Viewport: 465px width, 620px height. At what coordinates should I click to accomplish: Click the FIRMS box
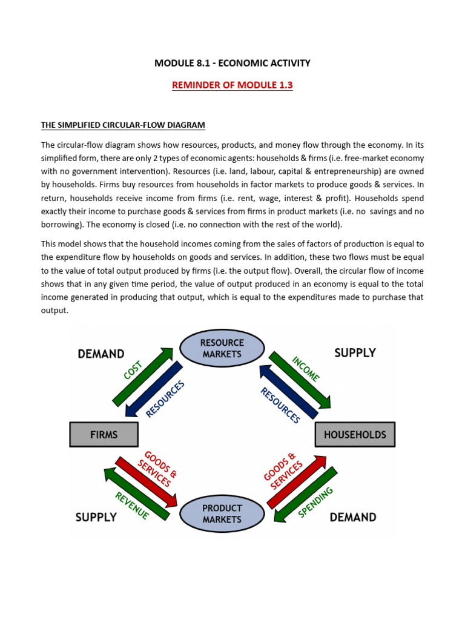(104, 434)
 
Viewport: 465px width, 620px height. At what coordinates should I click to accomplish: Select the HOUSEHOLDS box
(355, 434)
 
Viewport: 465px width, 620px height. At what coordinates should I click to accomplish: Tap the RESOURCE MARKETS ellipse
(222, 348)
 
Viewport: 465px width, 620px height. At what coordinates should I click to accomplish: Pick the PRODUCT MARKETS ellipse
(222, 513)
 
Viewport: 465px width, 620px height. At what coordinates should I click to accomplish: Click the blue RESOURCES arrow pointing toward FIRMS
(153, 390)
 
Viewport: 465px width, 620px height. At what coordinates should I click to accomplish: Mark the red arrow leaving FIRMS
(147, 481)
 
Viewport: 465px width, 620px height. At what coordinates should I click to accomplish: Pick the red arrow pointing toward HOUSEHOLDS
(297, 481)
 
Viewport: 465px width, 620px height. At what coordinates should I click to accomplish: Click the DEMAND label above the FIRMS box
(101, 354)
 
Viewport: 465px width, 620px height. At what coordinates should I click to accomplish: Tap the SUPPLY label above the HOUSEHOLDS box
(355, 352)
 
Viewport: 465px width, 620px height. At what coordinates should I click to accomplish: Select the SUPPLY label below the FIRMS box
(96, 517)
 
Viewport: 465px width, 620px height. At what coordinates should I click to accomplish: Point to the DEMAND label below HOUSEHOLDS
(353, 517)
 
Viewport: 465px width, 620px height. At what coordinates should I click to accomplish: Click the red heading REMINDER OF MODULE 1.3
(232, 85)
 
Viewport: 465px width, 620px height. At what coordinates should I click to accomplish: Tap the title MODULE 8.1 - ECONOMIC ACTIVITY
(232, 63)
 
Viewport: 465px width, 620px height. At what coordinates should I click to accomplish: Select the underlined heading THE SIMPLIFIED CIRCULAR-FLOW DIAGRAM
(123, 125)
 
